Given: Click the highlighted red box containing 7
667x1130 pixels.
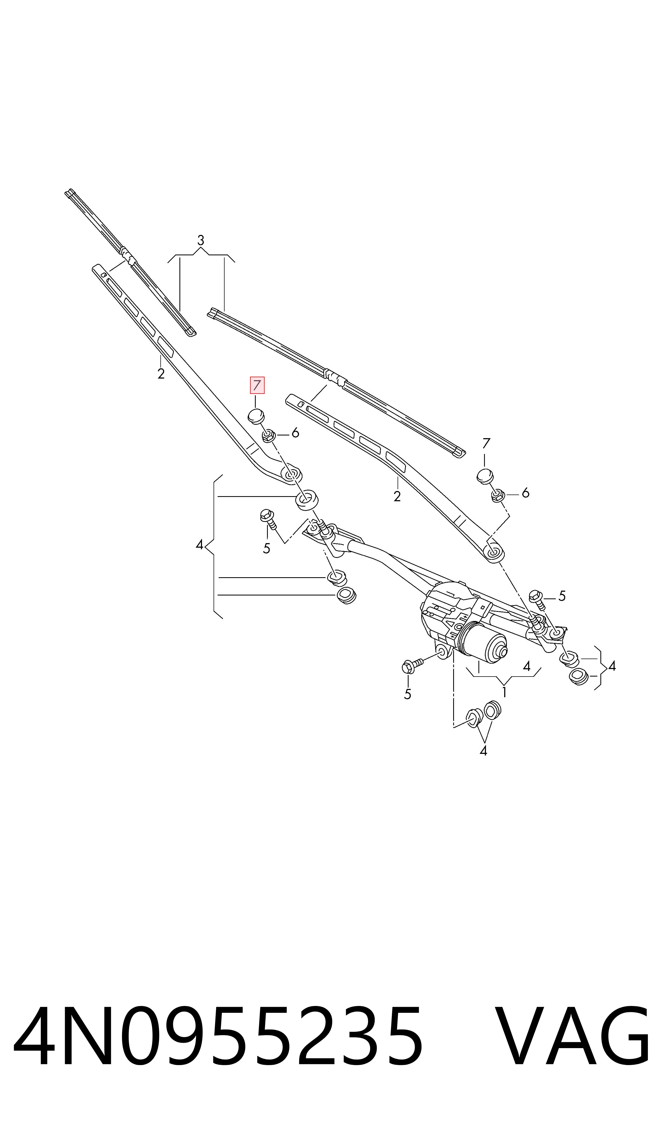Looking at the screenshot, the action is pyautogui.click(x=257, y=385).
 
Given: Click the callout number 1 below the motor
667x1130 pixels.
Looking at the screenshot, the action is pyautogui.click(x=504, y=693).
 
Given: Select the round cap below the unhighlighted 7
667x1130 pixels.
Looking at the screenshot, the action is pyautogui.click(x=485, y=476).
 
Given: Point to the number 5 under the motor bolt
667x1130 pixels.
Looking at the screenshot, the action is pyautogui.click(x=408, y=694).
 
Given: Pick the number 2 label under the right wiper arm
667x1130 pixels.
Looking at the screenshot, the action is pyautogui.click(x=397, y=496).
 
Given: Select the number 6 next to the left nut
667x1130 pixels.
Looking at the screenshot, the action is pyautogui.click(x=295, y=433).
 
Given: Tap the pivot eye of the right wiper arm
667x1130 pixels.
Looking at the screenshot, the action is pyautogui.click(x=494, y=553).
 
